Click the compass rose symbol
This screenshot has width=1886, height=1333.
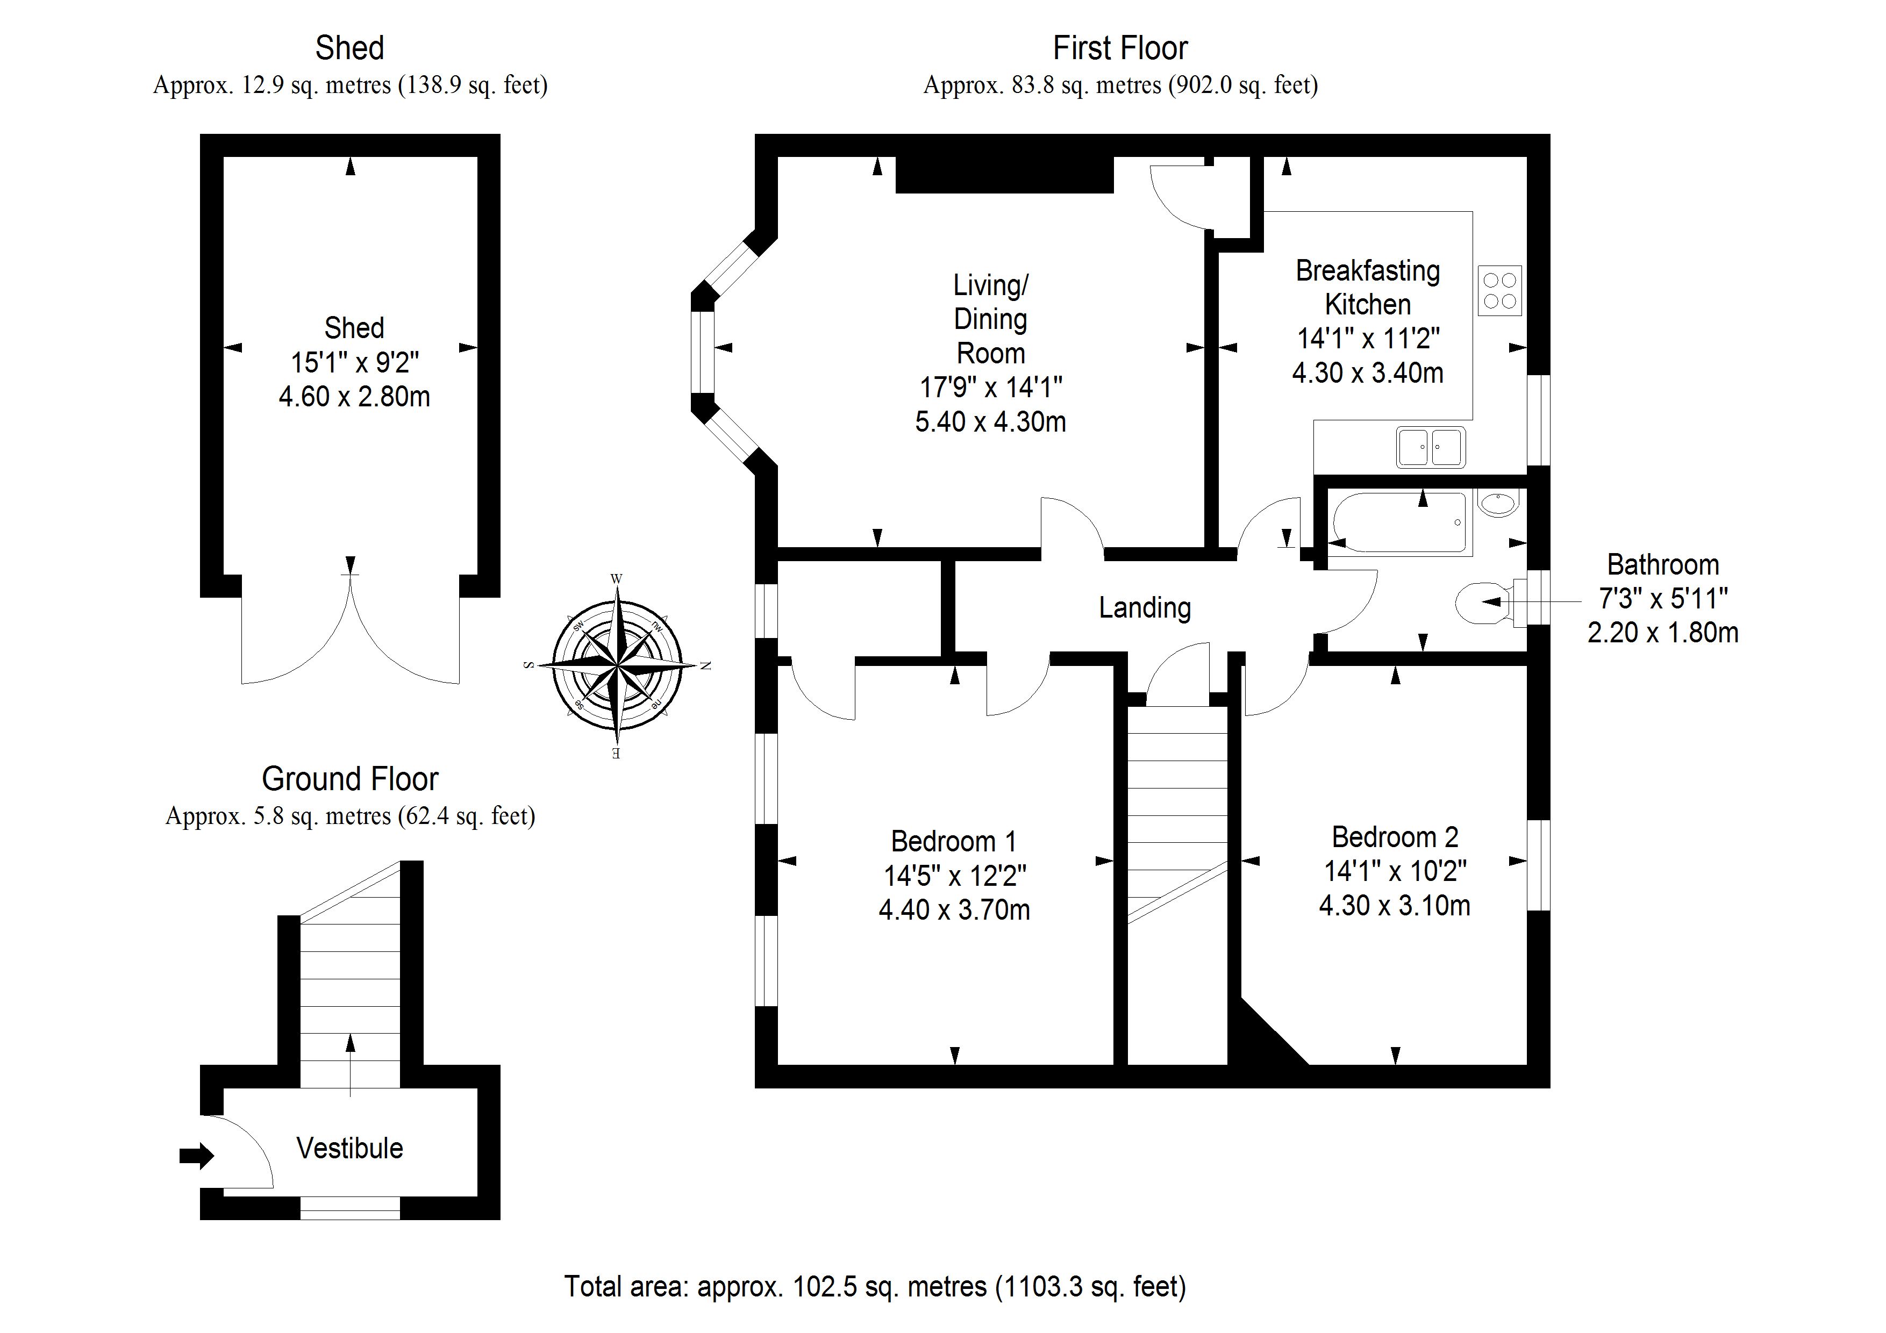coord(616,665)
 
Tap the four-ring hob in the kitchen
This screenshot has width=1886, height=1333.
coord(1499,291)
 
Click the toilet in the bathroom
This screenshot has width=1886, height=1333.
coord(1483,604)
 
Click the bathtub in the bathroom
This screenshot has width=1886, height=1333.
coord(1399,522)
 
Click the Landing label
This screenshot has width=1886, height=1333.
coord(1144,608)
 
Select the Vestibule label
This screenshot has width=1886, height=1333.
coord(350,1148)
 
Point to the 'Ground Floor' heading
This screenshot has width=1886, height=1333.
coord(350,779)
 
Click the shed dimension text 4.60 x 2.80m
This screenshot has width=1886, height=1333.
coord(354,397)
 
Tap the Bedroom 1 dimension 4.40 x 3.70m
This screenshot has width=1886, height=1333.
coord(954,910)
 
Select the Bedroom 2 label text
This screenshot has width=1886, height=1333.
coord(1395,837)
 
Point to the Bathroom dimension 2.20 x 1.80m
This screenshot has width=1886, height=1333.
coord(1662,633)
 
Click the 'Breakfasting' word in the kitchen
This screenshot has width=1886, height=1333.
coord(1368,271)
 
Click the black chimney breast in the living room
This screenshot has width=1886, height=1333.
coord(1004,175)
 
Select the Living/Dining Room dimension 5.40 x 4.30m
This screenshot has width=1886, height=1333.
coord(991,422)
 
